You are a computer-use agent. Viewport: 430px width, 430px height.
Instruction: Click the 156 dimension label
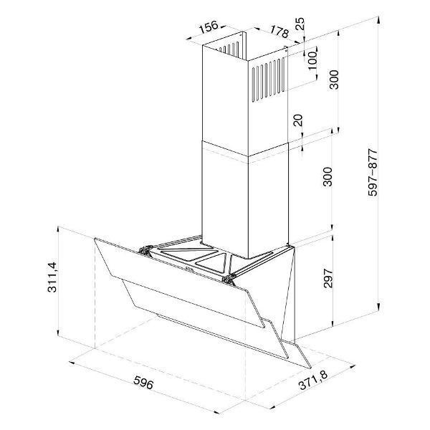(209, 27)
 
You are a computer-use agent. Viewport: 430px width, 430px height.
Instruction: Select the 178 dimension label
(279, 32)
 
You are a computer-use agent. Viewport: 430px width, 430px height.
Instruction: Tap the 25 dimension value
(300, 24)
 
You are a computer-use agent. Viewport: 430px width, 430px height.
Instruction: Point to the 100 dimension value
(312, 60)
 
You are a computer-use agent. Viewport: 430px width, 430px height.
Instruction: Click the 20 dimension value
(298, 120)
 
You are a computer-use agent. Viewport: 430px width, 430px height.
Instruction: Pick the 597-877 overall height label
(373, 173)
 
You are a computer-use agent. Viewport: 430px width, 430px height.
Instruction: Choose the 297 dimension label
(328, 278)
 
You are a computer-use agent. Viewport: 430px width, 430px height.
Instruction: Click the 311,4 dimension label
(52, 277)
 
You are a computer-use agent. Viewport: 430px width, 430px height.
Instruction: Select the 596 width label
(143, 382)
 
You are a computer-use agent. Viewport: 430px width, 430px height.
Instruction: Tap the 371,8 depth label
(313, 381)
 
